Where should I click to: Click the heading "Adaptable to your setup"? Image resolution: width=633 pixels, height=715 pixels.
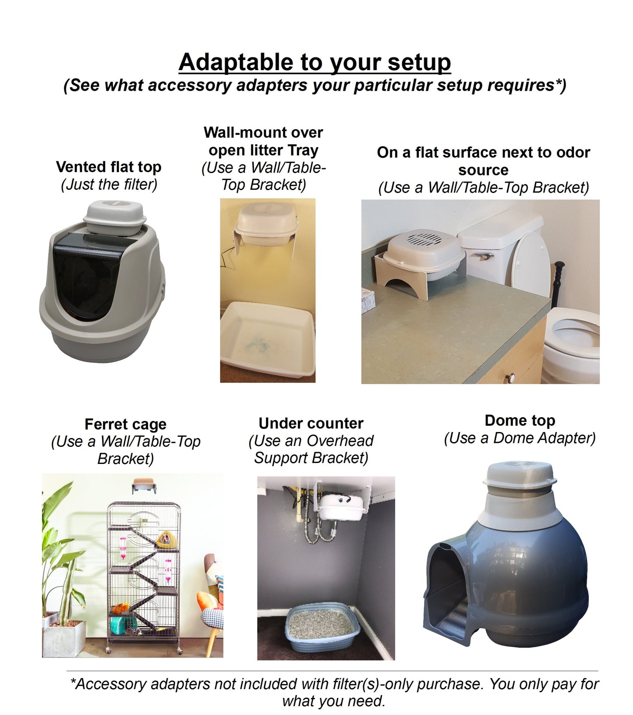click(315, 62)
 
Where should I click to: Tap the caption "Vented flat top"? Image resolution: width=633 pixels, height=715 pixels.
click(109, 167)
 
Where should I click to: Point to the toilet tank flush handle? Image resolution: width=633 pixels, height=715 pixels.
click(483, 256)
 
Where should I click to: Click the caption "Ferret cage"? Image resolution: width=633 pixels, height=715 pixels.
click(125, 425)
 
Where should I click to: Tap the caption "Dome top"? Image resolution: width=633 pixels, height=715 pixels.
click(520, 421)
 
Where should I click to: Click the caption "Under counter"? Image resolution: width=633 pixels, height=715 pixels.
click(311, 424)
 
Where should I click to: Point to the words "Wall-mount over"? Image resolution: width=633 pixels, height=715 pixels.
click(263, 132)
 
